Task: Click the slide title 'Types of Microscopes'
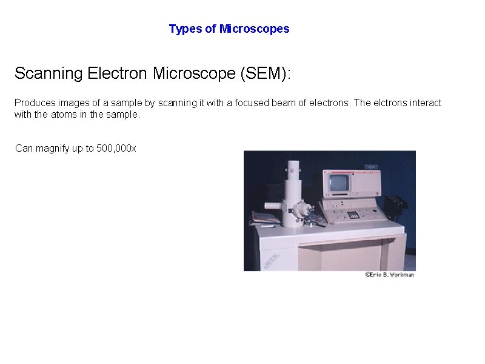point(229,29)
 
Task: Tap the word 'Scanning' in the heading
point(48,74)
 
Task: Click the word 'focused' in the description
point(243,103)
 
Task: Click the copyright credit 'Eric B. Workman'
point(389,275)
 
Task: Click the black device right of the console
point(396,206)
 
